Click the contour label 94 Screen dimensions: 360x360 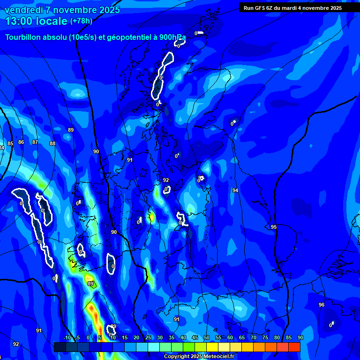(235, 190)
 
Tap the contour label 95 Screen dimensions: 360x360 (274, 227)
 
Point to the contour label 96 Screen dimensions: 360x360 (321, 305)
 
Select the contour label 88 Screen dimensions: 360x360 (52, 144)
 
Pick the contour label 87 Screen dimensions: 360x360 (35, 142)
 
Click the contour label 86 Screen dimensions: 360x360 (21, 142)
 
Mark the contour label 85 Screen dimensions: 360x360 (10, 144)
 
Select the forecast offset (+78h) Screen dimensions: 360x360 (81, 21)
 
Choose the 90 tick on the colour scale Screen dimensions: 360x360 (300, 337)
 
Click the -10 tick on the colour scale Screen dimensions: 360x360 (67, 337)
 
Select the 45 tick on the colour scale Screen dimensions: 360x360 (195, 337)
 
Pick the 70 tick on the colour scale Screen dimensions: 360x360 (254, 337)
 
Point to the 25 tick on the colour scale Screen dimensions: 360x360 (148, 337)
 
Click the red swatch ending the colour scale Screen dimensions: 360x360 (294, 347)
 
